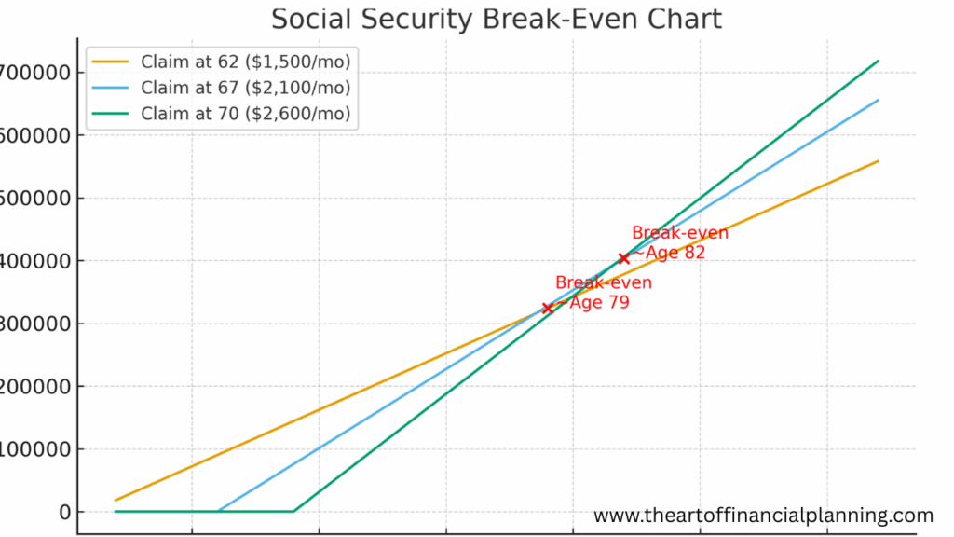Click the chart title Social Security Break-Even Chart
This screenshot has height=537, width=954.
pyautogui.click(x=496, y=19)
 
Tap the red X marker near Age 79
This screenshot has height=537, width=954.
pyautogui.click(x=548, y=308)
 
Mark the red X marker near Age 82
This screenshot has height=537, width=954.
pyautogui.click(x=623, y=258)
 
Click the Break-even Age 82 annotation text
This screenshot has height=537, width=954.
pyautogui.click(x=679, y=242)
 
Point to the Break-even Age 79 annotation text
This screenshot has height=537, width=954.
pyautogui.click(x=603, y=293)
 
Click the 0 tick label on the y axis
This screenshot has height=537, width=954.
pyautogui.click(x=64, y=512)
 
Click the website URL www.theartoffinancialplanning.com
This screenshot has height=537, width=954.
pyautogui.click(x=763, y=516)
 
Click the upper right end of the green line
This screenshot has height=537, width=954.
pyautogui.click(x=879, y=61)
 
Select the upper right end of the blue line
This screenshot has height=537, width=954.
pyautogui.click(x=879, y=100)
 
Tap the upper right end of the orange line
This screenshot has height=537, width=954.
pyautogui.click(x=879, y=160)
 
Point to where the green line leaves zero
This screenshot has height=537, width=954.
pyautogui.click(x=293, y=511)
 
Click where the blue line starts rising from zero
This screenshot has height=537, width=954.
pyautogui.click(x=218, y=511)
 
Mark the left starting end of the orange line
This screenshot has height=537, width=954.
pyautogui.click(x=116, y=501)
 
